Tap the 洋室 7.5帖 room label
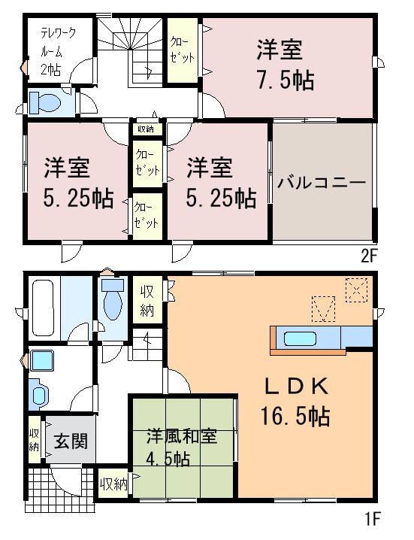[285, 65]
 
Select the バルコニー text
[322, 182]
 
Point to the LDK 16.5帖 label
[295, 401]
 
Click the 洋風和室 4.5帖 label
[182, 447]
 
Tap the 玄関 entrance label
[71, 441]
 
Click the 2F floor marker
[369, 256]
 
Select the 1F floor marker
[371, 519]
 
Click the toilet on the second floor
[45, 102]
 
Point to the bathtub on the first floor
[43, 308]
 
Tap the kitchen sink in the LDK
[300, 338]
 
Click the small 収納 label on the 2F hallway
[145, 129]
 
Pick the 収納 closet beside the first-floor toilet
[147, 300]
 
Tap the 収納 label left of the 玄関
[33, 440]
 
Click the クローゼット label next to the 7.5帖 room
[182, 50]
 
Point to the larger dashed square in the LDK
[356, 290]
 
